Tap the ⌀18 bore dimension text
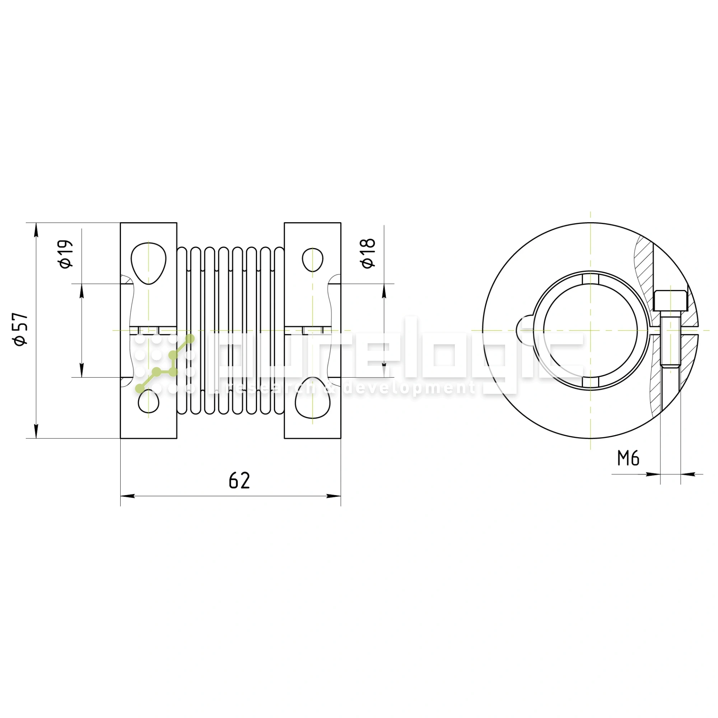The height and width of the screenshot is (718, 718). click(x=368, y=253)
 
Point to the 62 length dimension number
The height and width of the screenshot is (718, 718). click(x=239, y=481)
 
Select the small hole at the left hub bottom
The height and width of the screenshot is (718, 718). click(x=148, y=402)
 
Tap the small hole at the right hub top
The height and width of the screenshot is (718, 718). click(x=313, y=260)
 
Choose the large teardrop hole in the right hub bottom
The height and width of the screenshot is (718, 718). click(x=313, y=398)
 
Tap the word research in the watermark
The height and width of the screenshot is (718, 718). click(x=273, y=388)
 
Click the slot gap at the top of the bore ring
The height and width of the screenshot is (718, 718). click(x=591, y=279)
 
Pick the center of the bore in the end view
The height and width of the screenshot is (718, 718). click(x=591, y=330)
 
